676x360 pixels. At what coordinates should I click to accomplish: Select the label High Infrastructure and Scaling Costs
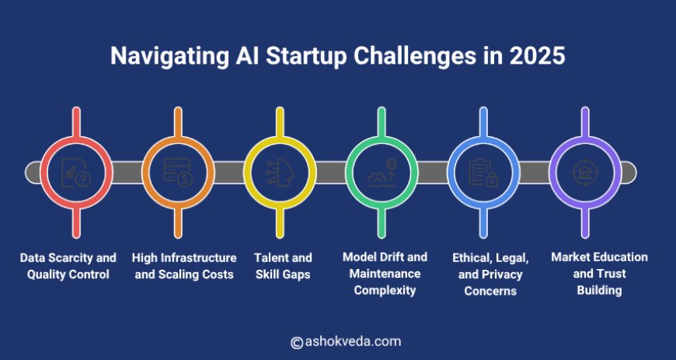point(184,265)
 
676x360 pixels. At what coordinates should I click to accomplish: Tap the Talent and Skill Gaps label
point(283,265)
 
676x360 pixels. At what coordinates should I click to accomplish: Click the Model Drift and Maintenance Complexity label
point(385,273)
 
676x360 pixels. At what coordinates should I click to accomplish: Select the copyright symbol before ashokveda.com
point(296,342)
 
